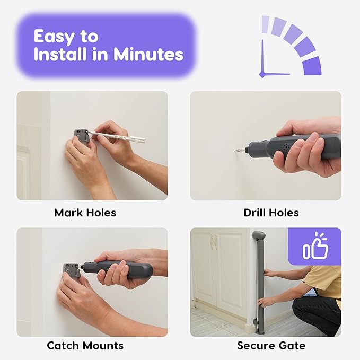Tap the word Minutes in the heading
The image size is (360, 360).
coord(148,54)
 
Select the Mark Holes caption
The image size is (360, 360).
coord(85,213)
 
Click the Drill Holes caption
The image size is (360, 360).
coord(271,213)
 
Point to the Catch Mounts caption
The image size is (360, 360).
coord(85,346)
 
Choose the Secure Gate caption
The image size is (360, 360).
coord(271,346)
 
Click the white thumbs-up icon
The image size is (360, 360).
coord(315,246)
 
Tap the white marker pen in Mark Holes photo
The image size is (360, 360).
coord(117,136)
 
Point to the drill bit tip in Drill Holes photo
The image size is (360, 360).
coord(237,151)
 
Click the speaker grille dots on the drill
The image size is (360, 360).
coord(286,147)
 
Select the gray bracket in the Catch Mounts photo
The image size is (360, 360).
coord(72,271)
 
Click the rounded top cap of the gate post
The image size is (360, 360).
coord(259,235)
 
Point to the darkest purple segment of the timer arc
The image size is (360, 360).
coord(312,66)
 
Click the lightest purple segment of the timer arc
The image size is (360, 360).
coord(265,24)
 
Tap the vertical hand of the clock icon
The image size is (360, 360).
coord(262,57)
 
